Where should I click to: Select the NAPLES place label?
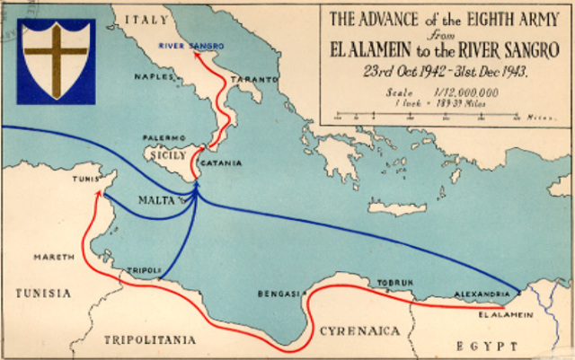point(153,78)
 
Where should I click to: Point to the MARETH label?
point(53,257)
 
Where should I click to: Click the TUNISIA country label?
point(43,293)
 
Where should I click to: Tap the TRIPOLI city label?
point(145,269)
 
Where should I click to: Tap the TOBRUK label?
point(395,283)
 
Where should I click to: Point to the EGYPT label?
point(486,345)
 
